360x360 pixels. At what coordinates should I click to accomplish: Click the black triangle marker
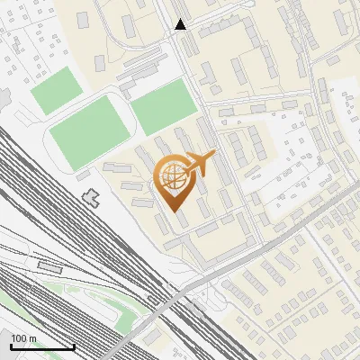(x=181, y=24)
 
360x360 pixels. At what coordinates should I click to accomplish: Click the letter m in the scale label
(x=32, y=338)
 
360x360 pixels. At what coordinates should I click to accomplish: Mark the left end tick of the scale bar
(x=11, y=346)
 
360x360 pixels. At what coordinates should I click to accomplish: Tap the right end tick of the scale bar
(x=74, y=346)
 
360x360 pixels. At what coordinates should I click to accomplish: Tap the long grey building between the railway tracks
(x=50, y=266)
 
